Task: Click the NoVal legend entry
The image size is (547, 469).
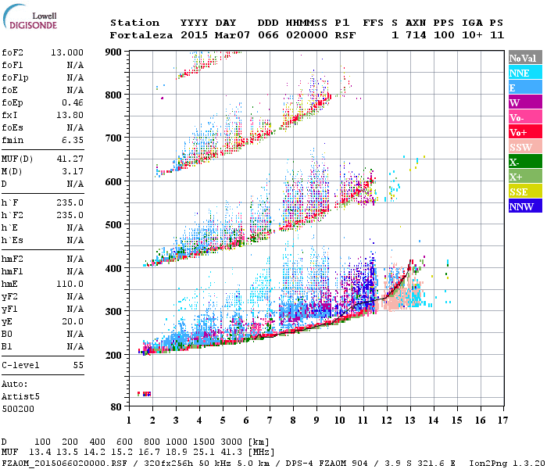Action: pyautogui.click(x=523, y=59)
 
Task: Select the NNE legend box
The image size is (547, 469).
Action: pyautogui.click(x=523, y=73)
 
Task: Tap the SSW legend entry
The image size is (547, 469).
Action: pyautogui.click(x=523, y=148)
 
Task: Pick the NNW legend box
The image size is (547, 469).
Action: pyautogui.click(x=523, y=207)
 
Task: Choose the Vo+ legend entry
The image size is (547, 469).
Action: pyautogui.click(x=523, y=133)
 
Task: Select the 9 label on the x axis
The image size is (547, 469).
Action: pyautogui.click(x=316, y=421)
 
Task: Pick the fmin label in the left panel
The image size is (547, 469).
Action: pyautogui.click(x=12, y=140)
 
